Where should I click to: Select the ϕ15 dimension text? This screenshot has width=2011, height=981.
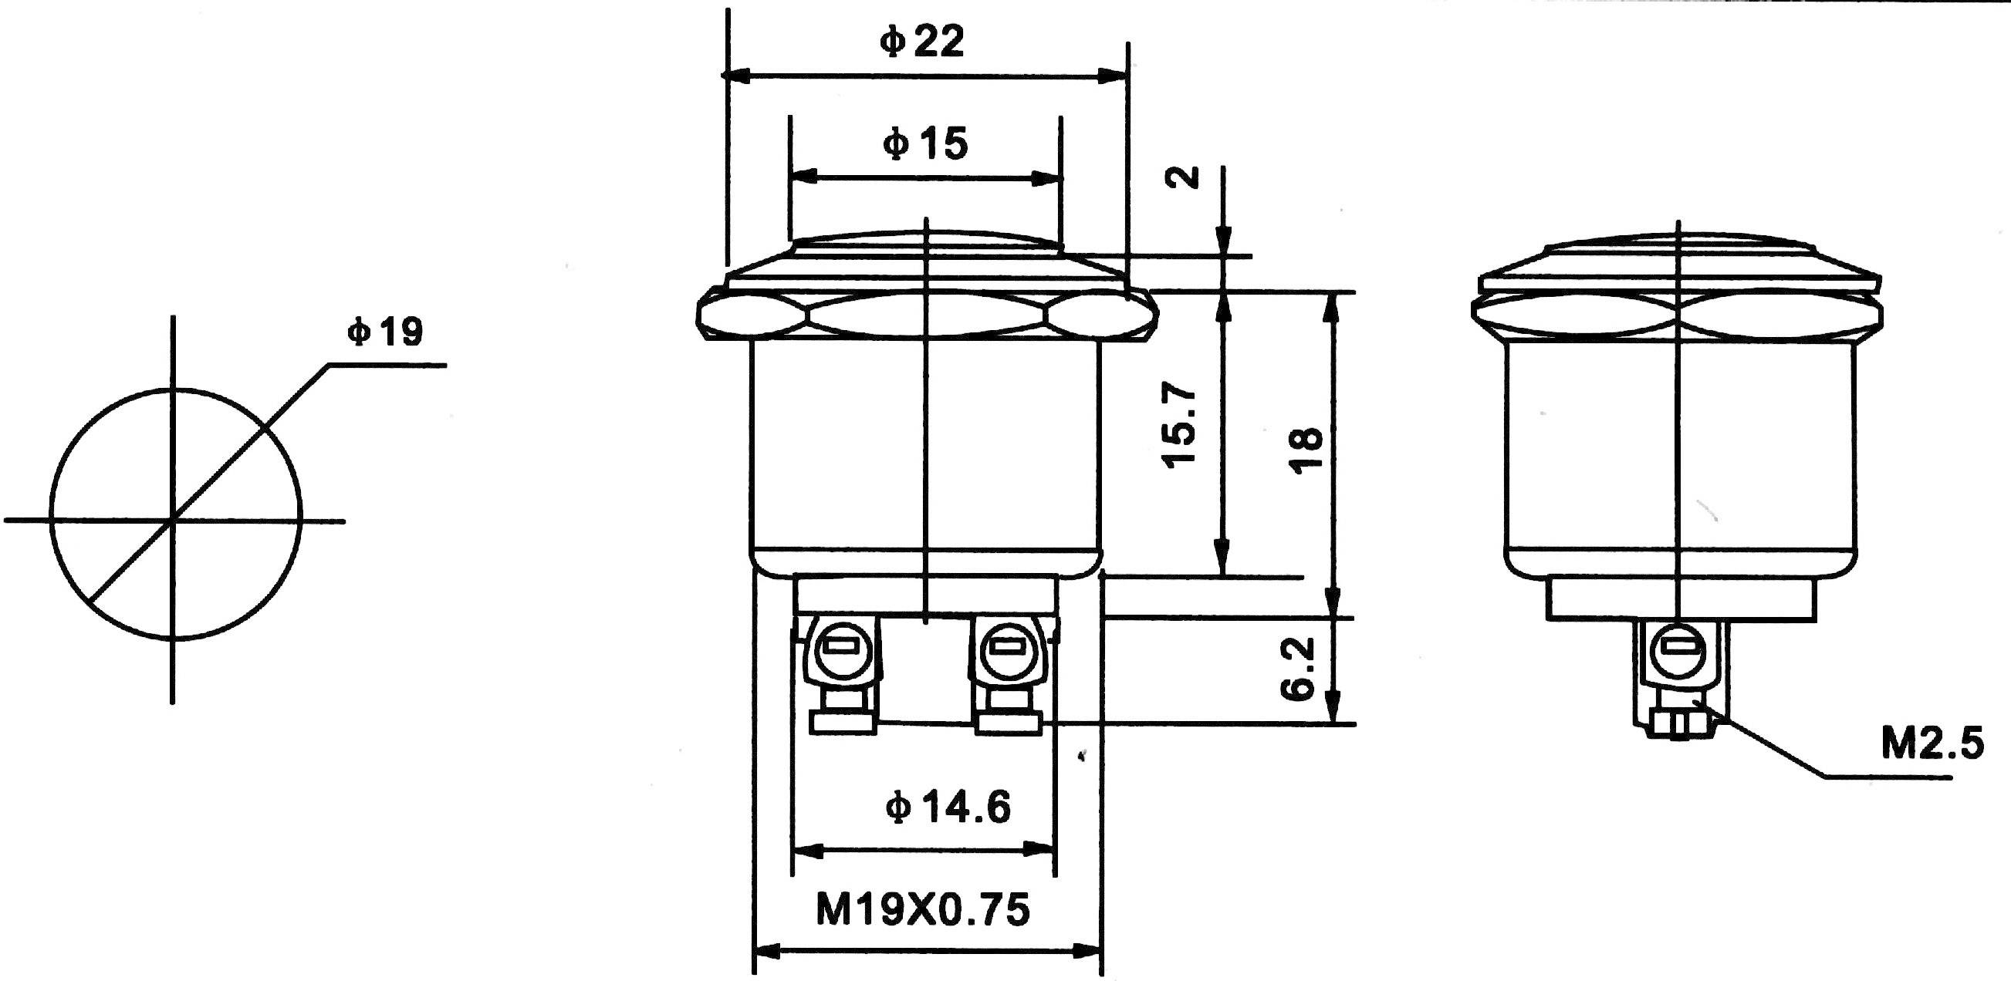click(924, 144)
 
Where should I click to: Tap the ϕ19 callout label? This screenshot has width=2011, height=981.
click(385, 332)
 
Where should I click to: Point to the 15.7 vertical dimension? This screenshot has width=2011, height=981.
click(1180, 426)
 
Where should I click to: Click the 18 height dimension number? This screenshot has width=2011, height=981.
click(1306, 451)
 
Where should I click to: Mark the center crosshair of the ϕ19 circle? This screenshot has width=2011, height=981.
click(173, 520)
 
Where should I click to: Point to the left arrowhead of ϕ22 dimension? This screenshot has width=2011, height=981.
click(735, 76)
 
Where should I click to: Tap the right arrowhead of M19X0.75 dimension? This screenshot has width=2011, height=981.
click(1088, 952)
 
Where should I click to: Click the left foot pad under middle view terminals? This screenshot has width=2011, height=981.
click(842, 722)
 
